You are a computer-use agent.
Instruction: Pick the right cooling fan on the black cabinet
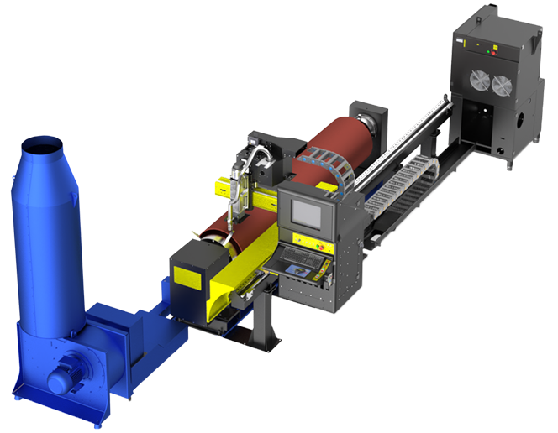[x=502, y=85]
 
